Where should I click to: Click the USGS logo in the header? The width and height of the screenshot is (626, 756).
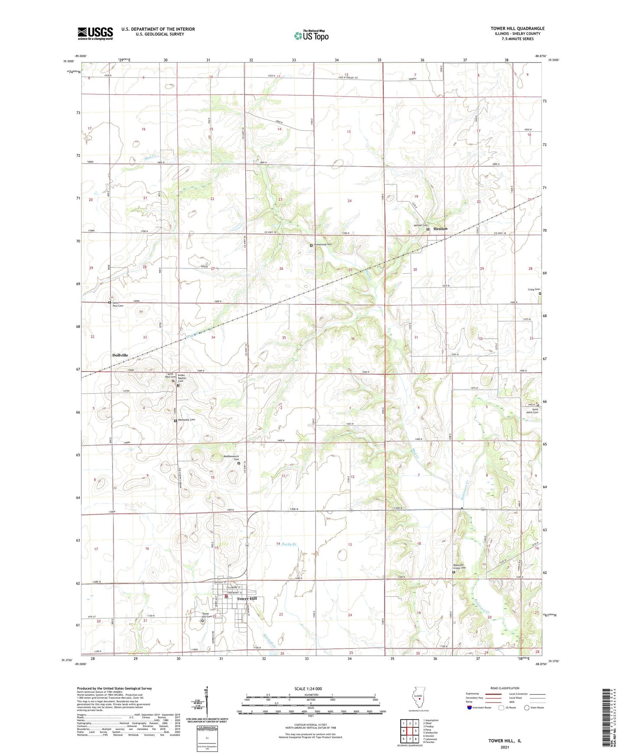coord(95,33)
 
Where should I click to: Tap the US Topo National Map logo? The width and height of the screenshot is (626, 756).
coord(311,35)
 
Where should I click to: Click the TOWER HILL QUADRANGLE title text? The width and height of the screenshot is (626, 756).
coord(517,29)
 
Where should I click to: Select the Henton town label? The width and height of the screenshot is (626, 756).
coord(440,229)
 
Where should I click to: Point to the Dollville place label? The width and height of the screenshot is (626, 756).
coord(120,355)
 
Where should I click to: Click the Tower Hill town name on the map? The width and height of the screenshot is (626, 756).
coord(247,599)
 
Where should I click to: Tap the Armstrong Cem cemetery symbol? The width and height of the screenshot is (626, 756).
coord(311,246)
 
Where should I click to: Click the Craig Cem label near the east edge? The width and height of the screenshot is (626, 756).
coord(534,289)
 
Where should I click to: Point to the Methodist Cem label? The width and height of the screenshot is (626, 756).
coord(186,420)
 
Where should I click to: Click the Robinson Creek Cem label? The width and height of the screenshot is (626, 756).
coord(459,567)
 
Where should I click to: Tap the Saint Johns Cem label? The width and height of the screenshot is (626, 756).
coord(535,411)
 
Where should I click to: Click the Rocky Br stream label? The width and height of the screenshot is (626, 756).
coord(289,544)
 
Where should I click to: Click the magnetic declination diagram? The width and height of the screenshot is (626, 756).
coord(207,704)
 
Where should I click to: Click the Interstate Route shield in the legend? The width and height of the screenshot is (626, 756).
coord(469,708)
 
